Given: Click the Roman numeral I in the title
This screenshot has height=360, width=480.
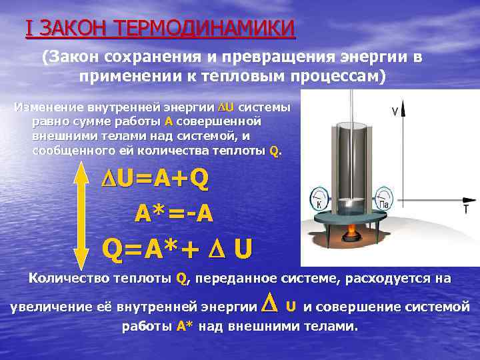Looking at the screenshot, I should pyautogui.click(x=28, y=29).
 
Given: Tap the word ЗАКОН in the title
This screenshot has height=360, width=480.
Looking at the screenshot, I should pyautogui.click(x=71, y=29).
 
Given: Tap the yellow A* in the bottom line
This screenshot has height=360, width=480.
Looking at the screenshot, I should pyautogui.click(x=185, y=327).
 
